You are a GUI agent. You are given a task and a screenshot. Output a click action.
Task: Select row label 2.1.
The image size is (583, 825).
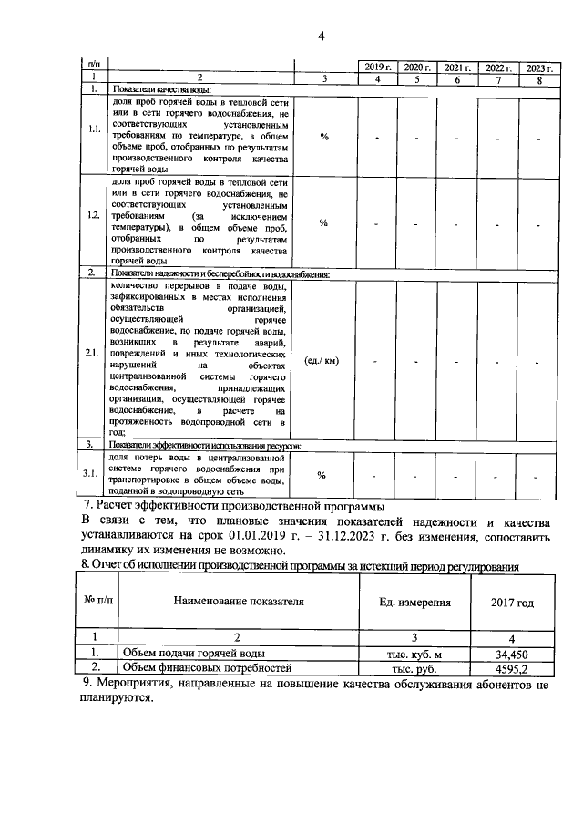pos(93,352)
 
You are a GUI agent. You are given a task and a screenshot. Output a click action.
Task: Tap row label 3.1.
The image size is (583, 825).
pos(93,473)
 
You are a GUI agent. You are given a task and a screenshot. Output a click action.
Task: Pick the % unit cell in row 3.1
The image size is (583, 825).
pos(322,475)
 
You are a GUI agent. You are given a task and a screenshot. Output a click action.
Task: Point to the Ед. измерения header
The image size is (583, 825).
pos(414,603)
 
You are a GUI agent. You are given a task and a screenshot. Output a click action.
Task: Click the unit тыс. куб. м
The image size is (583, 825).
pos(414,654)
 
